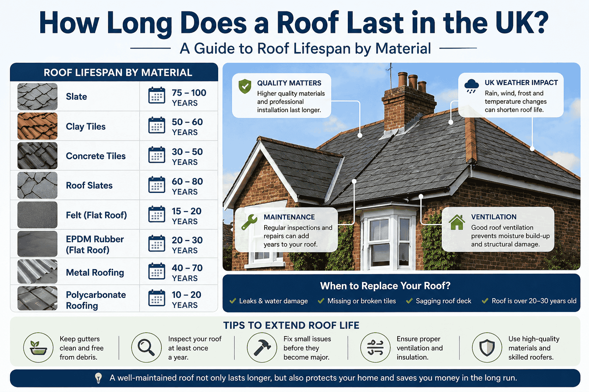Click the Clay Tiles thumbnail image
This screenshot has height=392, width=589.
[x=37, y=126]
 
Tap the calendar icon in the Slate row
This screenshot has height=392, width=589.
[x=156, y=96]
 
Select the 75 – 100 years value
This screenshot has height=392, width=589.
[x=189, y=98]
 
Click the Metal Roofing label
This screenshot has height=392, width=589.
[x=95, y=273]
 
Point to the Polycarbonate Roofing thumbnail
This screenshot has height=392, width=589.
[x=37, y=298]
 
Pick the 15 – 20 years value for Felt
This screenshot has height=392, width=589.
[x=186, y=216]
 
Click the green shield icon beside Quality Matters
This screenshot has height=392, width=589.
[x=245, y=87]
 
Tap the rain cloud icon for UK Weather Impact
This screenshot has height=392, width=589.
[x=471, y=86]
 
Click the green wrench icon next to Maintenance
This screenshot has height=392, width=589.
[x=249, y=222]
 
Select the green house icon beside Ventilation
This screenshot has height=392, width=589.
[x=457, y=222]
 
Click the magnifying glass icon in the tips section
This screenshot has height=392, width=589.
[x=146, y=347]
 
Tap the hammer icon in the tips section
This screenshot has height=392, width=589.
[x=262, y=347]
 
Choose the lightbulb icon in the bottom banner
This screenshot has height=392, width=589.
[x=99, y=378]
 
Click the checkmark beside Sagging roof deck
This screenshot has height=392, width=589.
[x=410, y=301]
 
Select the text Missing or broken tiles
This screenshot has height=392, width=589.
[x=361, y=301]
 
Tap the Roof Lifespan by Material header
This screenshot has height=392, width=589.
[x=118, y=72]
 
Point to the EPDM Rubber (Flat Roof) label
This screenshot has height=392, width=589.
[x=95, y=244]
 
